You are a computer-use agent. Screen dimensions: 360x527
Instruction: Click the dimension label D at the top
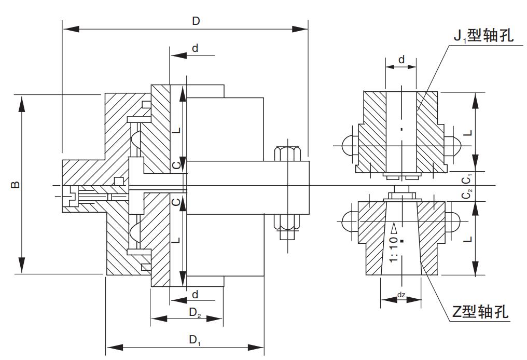pos(196,21)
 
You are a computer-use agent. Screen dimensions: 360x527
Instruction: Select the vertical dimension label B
pos(16,184)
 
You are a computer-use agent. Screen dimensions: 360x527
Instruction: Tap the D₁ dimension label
pos(195,340)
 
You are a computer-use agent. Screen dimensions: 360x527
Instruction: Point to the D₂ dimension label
pos(195,312)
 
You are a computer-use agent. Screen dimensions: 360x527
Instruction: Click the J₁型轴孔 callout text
pos(483,36)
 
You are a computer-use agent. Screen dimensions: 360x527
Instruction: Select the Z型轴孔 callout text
pos(480,312)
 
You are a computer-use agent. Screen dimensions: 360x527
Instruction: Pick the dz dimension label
pos(401,295)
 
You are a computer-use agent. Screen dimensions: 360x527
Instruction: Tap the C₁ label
pos(467,179)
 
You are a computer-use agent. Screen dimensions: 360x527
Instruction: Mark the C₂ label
pos(467,194)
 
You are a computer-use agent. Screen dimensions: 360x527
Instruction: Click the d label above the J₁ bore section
pos(401,60)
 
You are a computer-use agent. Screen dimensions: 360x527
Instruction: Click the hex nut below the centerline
pos(286,221)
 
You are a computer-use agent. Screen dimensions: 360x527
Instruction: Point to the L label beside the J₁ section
pos(467,132)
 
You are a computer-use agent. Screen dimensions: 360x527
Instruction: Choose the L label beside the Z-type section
pos(467,239)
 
